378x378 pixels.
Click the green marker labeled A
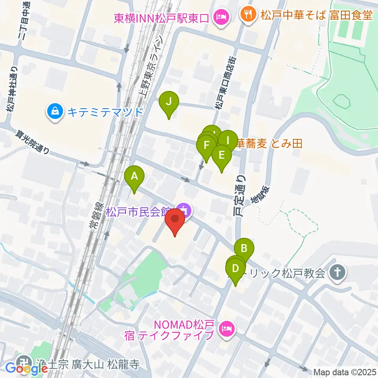[134, 176]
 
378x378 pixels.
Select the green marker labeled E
[221, 155]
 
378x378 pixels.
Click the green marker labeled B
[244, 249]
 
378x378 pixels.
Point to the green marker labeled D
[235, 269]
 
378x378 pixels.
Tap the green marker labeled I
[227, 140]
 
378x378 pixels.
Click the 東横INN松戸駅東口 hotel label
[161, 18]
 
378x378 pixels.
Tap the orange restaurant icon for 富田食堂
[248, 15]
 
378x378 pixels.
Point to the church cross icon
[337, 272]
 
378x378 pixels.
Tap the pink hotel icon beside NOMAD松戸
[226, 328]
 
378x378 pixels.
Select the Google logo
[27, 369]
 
